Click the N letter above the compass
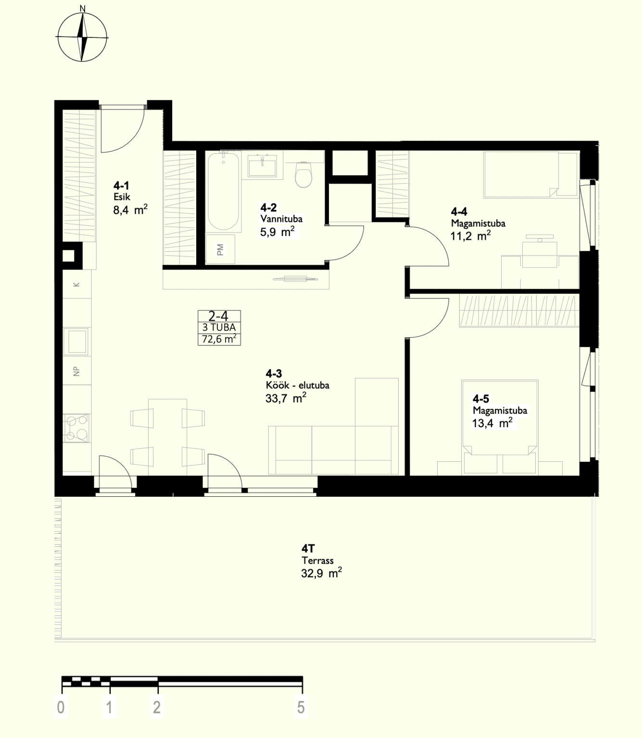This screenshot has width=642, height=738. pyautogui.click(x=82, y=8)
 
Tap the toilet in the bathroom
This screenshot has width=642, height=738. pyautogui.click(x=303, y=174)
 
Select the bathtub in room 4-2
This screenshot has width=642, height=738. pyautogui.click(x=223, y=192)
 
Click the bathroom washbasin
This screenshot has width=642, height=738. pyautogui.click(x=262, y=166)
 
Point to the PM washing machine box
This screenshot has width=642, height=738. pyautogui.click(x=220, y=249)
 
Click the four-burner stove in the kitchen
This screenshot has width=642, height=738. pyautogui.click(x=76, y=428)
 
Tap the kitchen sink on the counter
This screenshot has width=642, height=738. pyautogui.click(x=76, y=341)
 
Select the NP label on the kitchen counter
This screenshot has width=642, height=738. pyautogui.click(x=76, y=371)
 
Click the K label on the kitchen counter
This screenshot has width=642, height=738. pyautogui.click(x=76, y=284)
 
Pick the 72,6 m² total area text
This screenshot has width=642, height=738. pyautogui.click(x=219, y=339)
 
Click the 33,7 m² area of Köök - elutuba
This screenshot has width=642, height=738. pyautogui.click(x=286, y=398)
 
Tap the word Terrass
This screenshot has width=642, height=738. pyautogui.click(x=317, y=561)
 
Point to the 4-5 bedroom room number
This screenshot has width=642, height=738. pyautogui.click(x=481, y=399)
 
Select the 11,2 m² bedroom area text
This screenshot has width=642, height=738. pyautogui.click(x=470, y=236)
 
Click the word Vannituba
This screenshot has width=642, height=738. pyautogui.click(x=281, y=219)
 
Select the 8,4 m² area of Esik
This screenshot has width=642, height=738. pyautogui.click(x=130, y=209)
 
